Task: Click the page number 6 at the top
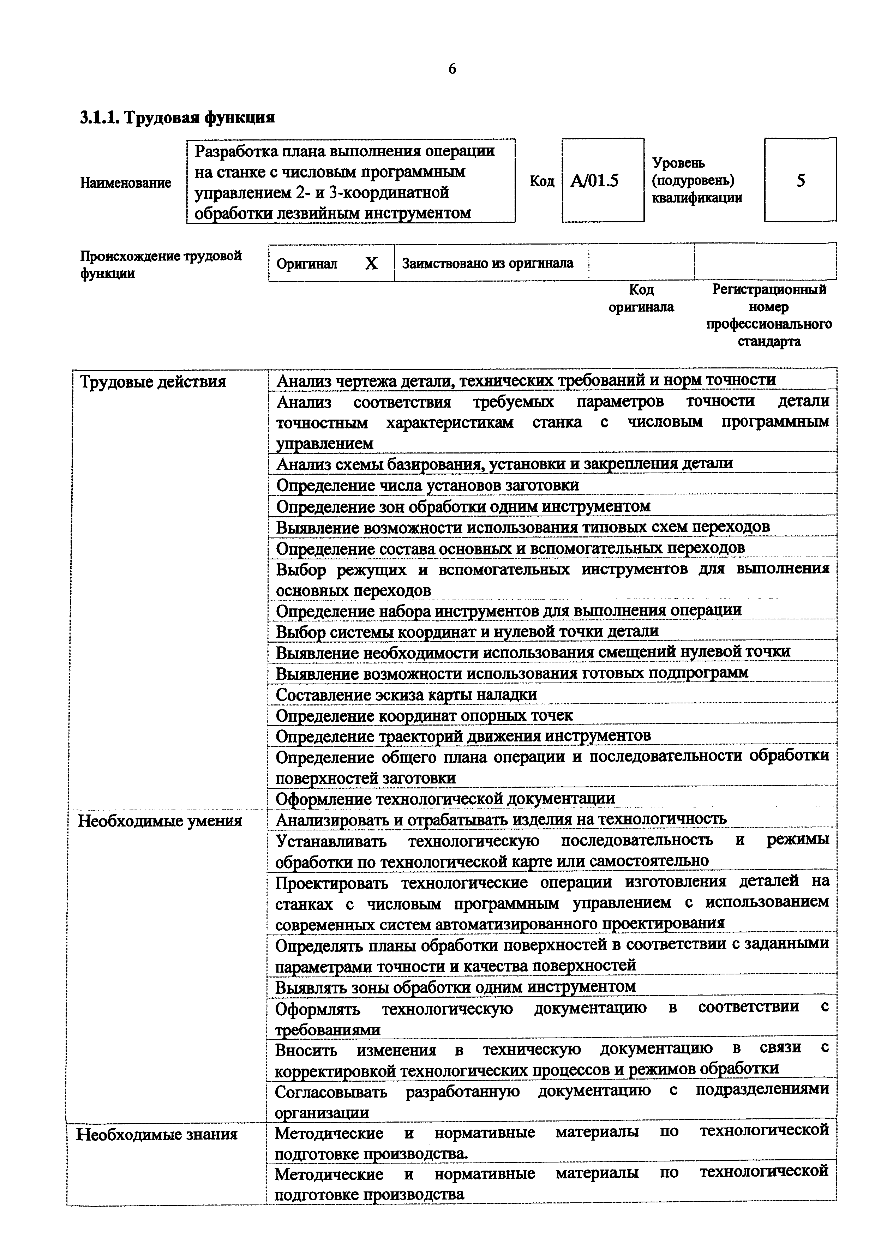pyautogui.click(x=452, y=69)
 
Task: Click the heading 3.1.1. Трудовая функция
pyautogui.click(x=178, y=118)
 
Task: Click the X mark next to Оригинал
pyautogui.click(x=371, y=264)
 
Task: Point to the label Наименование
pyautogui.click(x=126, y=183)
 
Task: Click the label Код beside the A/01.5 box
pyautogui.click(x=542, y=181)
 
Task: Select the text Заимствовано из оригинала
pyautogui.click(x=487, y=264)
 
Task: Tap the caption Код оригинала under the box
pyautogui.click(x=641, y=298)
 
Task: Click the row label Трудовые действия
pyautogui.click(x=152, y=382)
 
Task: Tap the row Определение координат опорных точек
pyautogui.click(x=424, y=715)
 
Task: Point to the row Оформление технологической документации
pyautogui.click(x=445, y=799)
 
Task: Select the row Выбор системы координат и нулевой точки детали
pyautogui.click(x=467, y=631)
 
